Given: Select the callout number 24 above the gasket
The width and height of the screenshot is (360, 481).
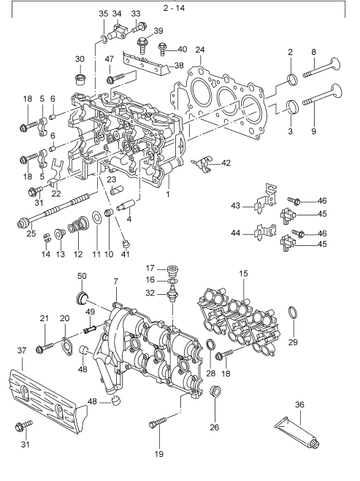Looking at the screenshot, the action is (x=200, y=50).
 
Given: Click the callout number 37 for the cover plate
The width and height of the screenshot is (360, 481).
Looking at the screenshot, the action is (x=22, y=350).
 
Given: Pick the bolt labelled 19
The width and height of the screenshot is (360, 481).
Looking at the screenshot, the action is (x=157, y=423).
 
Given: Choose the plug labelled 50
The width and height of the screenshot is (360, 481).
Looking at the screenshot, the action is (x=82, y=299).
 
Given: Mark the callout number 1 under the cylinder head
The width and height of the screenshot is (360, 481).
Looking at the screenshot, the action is (x=167, y=194).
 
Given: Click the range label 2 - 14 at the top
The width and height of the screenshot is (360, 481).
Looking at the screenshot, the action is (x=174, y=8).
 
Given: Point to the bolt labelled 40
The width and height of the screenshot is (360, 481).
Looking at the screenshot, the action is (x=162, y=49).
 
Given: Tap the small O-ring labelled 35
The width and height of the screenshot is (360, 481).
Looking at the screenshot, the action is (x=104, y=39).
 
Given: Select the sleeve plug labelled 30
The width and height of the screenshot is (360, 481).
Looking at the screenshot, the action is (x=80, y=79).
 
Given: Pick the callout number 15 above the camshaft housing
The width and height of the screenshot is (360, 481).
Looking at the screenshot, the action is (x=243, y=273).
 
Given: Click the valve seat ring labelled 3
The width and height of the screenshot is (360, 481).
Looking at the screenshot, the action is (x=293, y=106).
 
